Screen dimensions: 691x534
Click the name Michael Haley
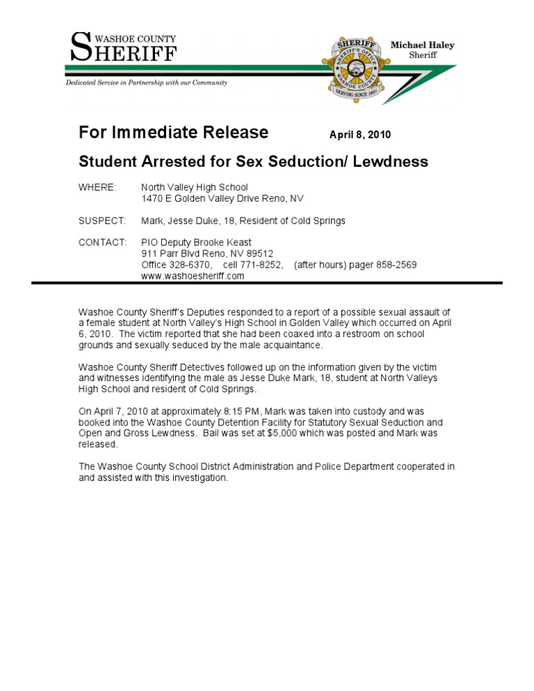(422, 45)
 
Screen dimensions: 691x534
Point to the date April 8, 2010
(364, 134)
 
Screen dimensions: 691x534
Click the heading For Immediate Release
(173, 133)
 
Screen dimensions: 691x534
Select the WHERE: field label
(97, 188)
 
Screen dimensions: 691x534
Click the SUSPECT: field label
(102, 220)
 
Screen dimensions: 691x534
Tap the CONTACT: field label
(102, 243)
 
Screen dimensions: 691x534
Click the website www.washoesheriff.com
(193, 276)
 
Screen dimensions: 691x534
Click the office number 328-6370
(191, 265)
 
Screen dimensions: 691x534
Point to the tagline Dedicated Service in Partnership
(146, 83)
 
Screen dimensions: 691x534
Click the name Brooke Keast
(221, 243)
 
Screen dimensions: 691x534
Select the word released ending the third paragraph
(98, 444)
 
